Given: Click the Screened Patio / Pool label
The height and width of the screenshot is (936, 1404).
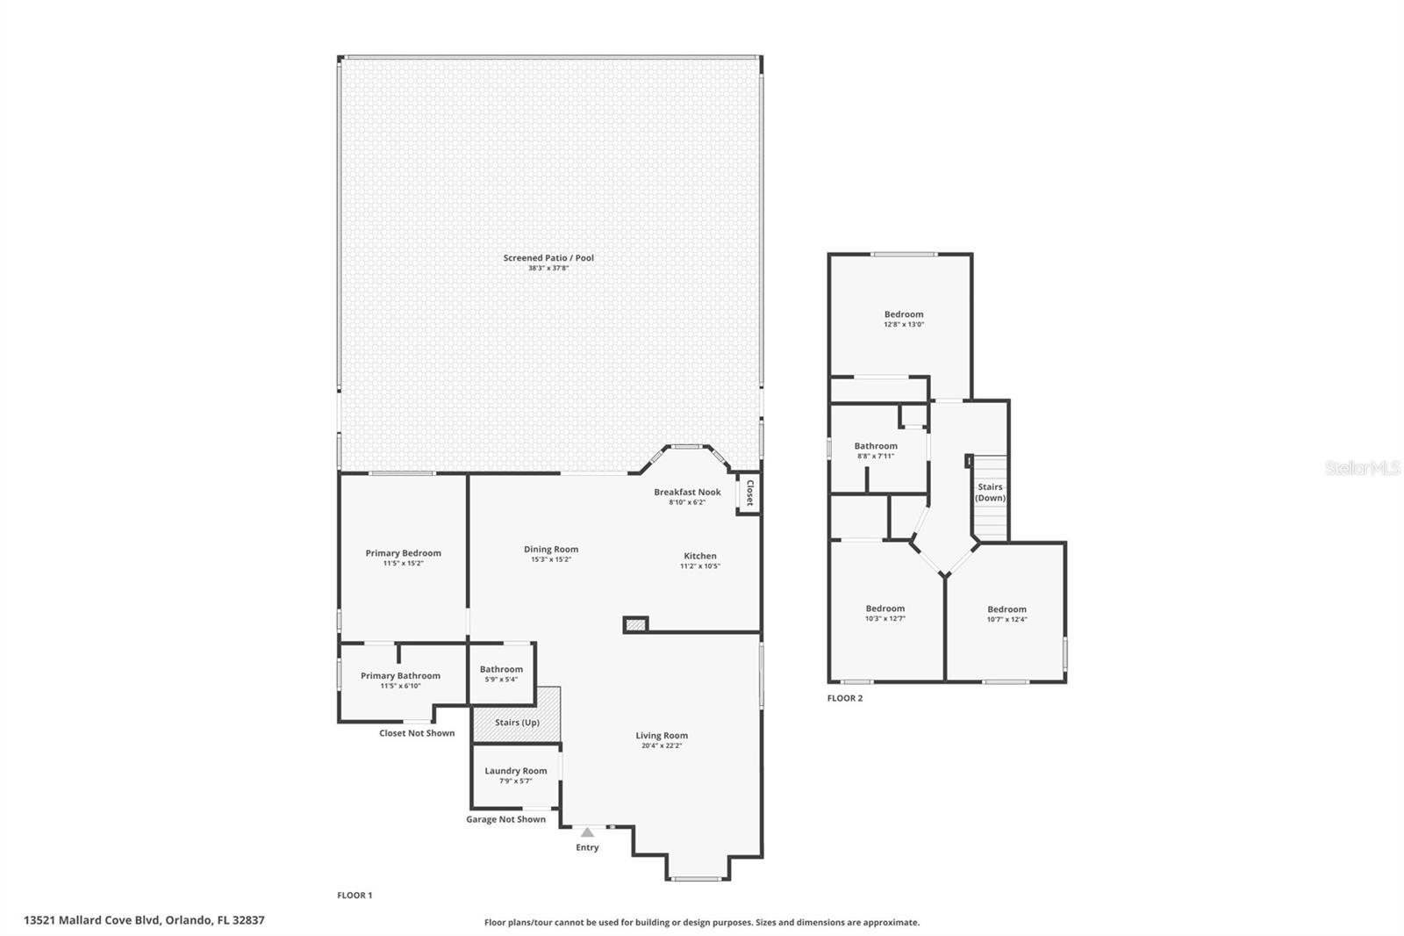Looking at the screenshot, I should (548, 258).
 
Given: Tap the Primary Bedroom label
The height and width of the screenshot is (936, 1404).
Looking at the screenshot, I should (403, 553).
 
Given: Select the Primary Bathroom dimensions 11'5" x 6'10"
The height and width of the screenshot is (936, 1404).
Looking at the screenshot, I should (400, 686).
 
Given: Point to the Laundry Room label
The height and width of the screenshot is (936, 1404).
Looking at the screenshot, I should (516, 771).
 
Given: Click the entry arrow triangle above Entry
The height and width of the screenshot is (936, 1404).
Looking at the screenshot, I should (587, 832).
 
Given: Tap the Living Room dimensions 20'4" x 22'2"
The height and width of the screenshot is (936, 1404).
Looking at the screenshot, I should (662, 746).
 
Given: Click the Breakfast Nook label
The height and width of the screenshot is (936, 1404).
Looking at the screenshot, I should (687, 492).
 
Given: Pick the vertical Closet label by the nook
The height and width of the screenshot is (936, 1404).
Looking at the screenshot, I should (749, 493).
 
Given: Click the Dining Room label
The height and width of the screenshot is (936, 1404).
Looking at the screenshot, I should (551, 550).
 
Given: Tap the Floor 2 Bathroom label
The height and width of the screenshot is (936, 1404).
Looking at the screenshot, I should (876, 446).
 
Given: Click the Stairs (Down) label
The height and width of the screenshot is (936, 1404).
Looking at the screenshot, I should (990, 493).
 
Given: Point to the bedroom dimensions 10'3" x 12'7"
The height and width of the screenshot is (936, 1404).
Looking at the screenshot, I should (885, 619).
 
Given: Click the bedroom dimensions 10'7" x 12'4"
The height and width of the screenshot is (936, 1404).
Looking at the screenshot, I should (1006, 620).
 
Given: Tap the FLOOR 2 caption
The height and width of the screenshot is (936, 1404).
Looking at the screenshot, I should (845, 699).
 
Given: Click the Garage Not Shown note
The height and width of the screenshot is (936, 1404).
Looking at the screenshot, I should (505, 819).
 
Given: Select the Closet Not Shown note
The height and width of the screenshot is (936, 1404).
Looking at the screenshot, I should (417, 733).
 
